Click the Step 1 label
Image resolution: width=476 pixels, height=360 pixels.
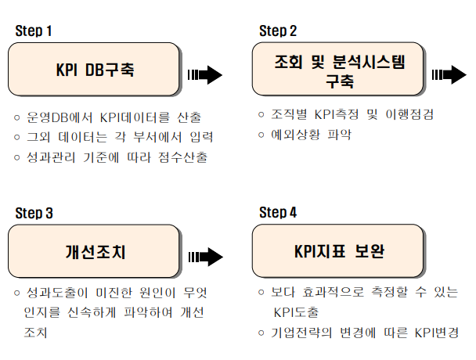(34, 31)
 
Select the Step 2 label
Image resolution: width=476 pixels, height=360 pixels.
(278, 31)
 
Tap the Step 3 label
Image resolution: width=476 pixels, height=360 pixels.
(34, 212)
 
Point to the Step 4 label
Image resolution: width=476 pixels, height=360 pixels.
(278, 212)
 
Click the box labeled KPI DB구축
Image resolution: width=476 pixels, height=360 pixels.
(95, 69)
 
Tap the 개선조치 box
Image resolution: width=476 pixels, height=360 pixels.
(95, 251)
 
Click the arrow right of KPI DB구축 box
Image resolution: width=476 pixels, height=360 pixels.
(204, 75)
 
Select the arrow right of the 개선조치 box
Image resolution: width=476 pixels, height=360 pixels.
(204, 257)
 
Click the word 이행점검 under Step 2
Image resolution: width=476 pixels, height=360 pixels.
(407, 114)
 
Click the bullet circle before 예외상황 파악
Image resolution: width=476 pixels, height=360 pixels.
(261, 134)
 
